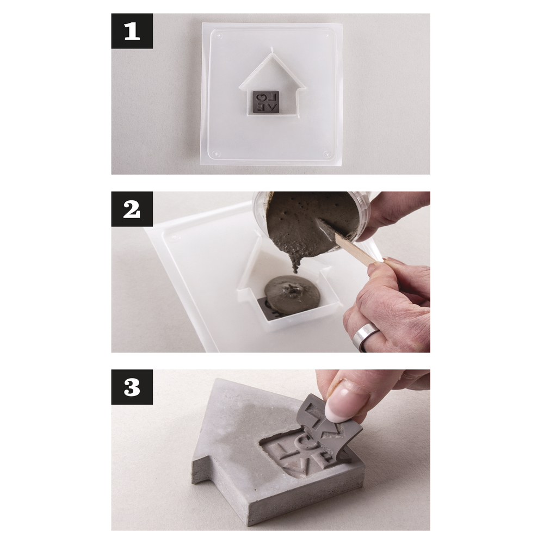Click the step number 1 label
(x=132, y=31)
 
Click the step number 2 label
(x=132, y=209)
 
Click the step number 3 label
(x=132, y=387)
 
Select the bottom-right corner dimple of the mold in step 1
(x=326, y=154)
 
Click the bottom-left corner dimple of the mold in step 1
(x=217, y=153)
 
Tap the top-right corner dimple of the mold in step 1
(x=327, y=36)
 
